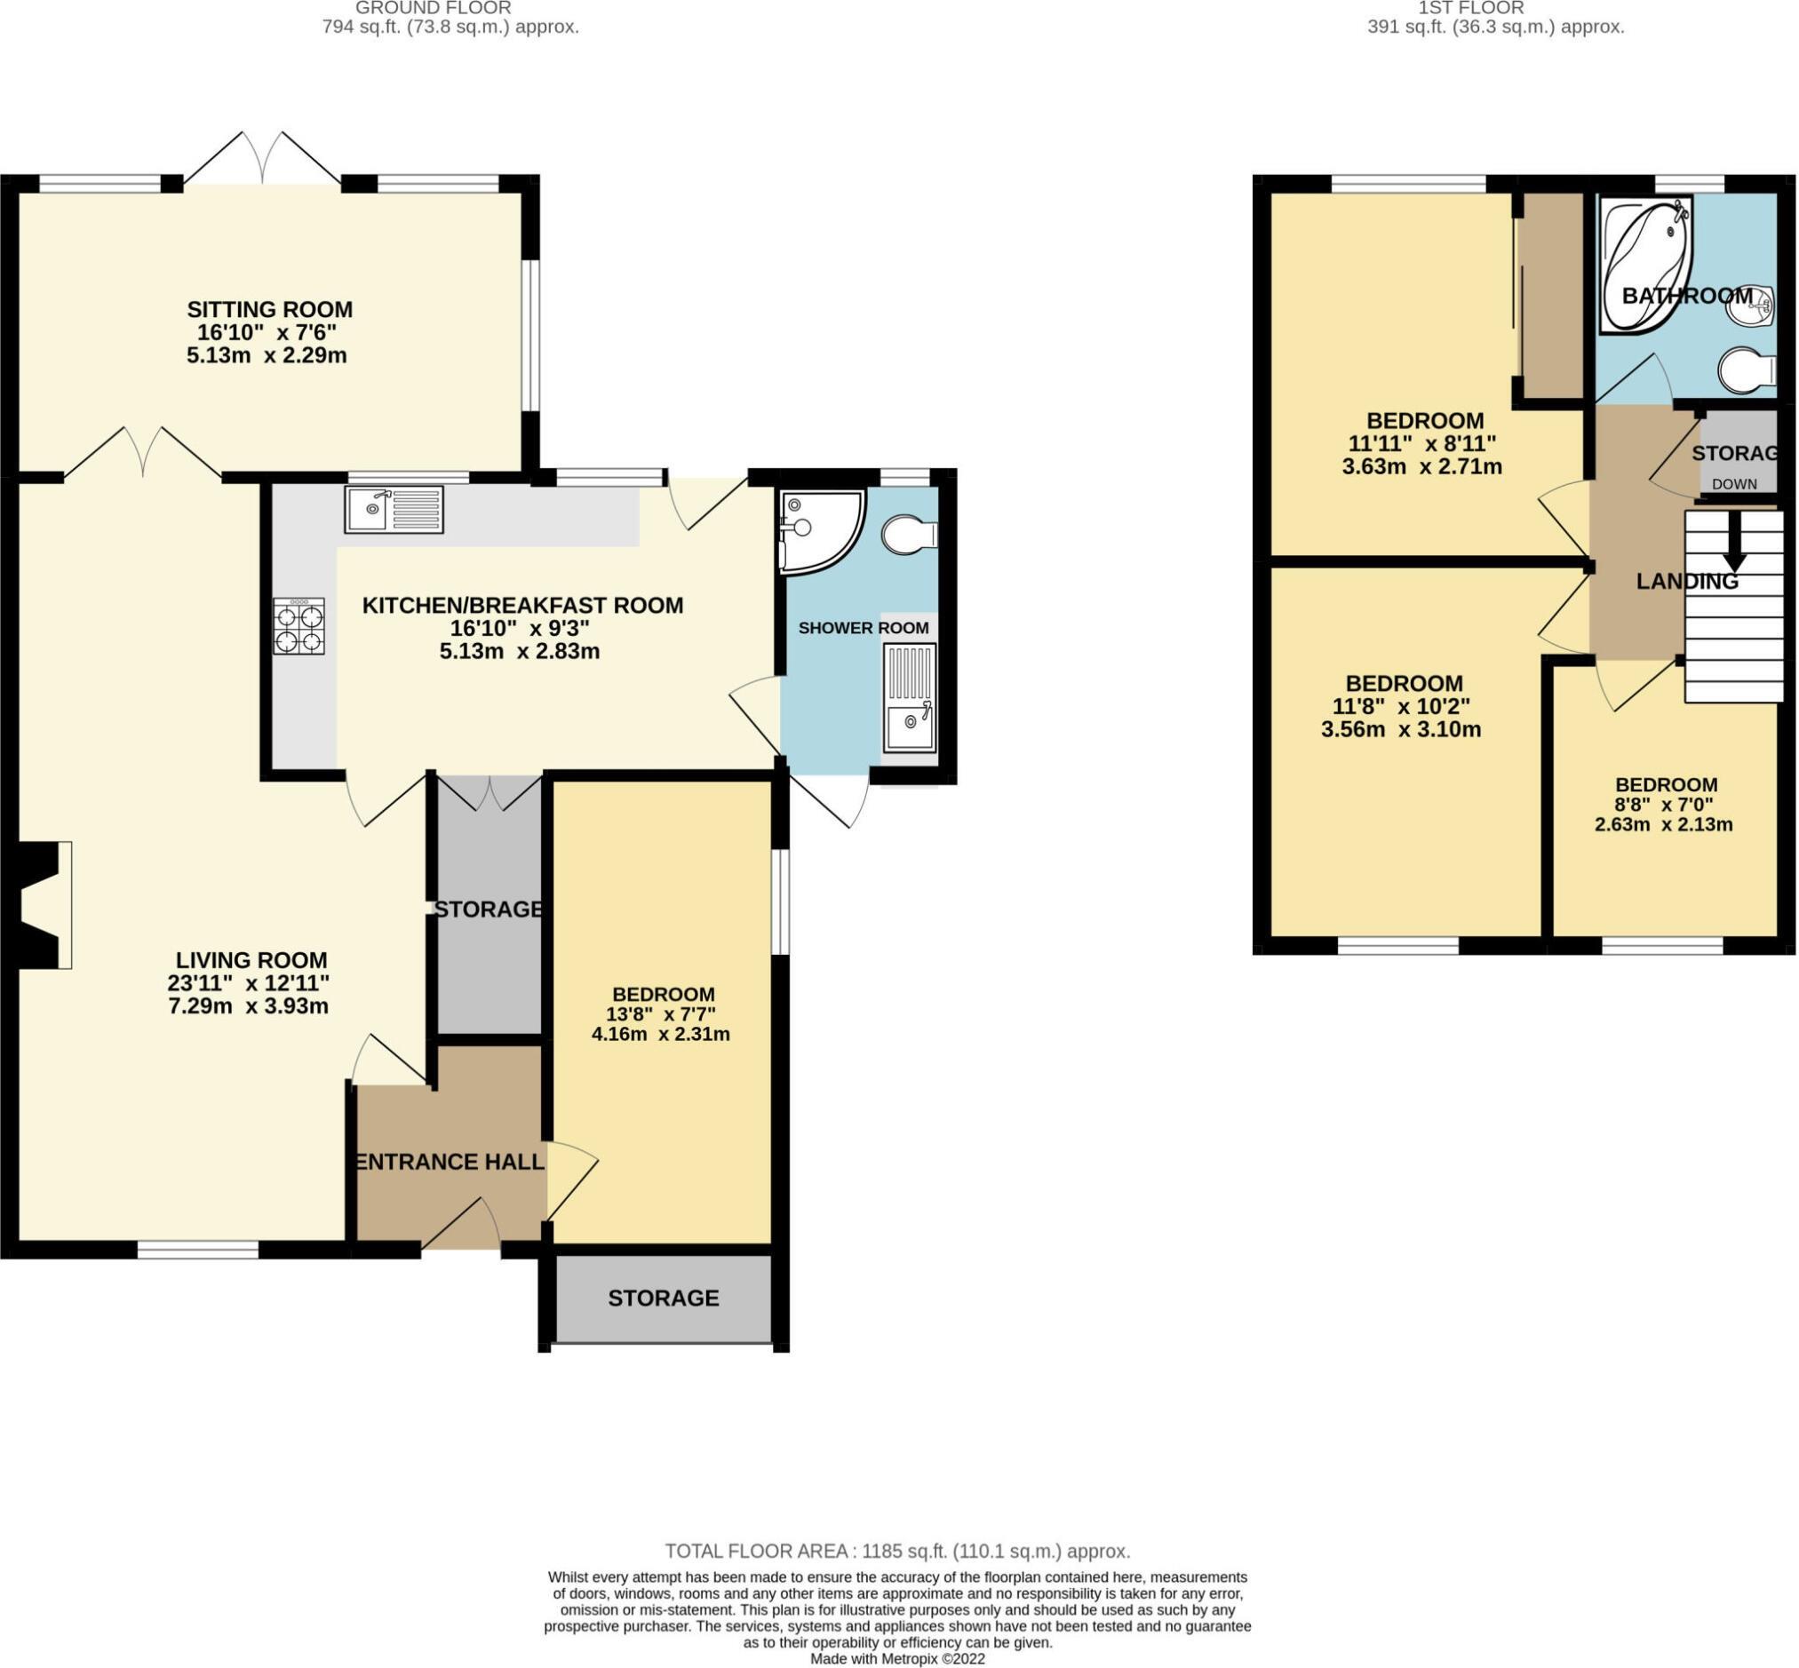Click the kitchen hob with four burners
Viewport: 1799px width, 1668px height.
click(299, 626)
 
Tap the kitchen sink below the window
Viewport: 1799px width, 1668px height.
click(394, 510)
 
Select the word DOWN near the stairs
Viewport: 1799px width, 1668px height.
click(1734, 484)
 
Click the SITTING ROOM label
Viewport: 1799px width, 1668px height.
click(270, 310)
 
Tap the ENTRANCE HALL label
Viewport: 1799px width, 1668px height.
click(450, 1163)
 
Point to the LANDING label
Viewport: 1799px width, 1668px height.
click(1687, 582)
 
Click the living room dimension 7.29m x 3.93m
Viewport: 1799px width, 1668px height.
click(248, 1005)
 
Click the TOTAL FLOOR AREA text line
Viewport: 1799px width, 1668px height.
click(897, 1551)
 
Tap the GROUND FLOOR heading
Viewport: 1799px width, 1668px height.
click(434, 7)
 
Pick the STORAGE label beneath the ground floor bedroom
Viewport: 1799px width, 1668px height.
click(664, 1298)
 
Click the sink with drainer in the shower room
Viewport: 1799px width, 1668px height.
click(910, 698)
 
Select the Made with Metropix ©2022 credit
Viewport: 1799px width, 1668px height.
click(897, 1659)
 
